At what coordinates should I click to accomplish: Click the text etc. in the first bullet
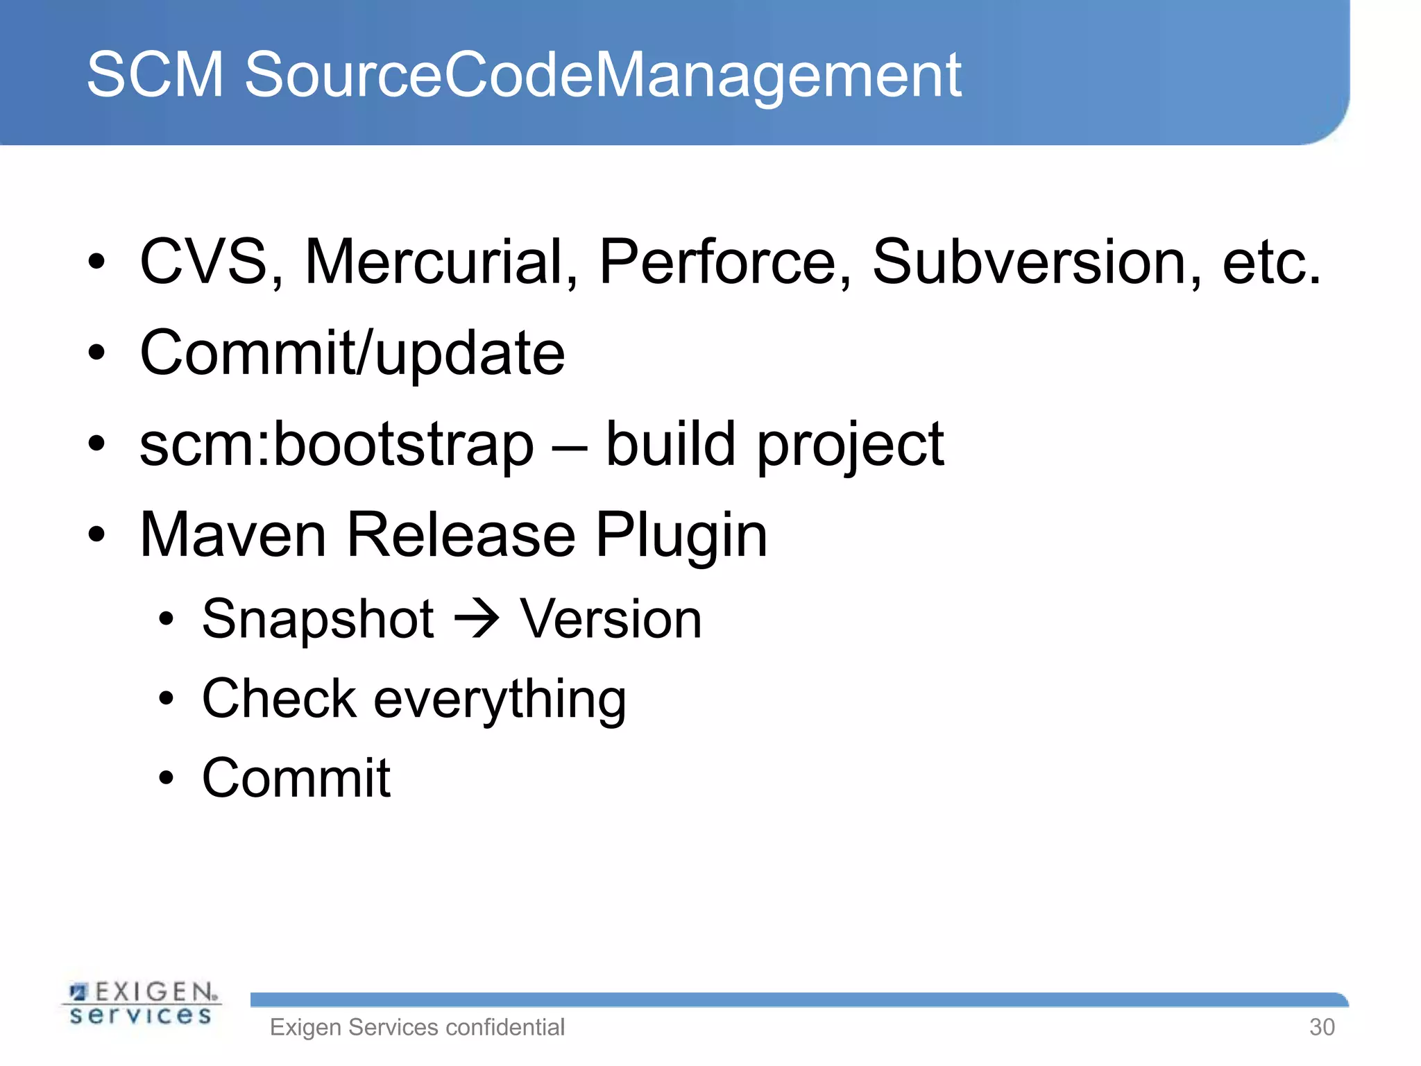[x=1271, y=263]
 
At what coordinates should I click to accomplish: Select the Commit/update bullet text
[x=352, y=353]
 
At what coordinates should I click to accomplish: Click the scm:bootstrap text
[x=337, y=445]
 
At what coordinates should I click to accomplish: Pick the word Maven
[x=232, y=535]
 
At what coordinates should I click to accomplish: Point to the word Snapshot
[x=318, y=619]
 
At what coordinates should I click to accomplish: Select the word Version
[x=611, y=619]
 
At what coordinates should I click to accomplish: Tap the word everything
[x=500, y=700]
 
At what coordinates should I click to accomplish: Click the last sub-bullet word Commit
[x=296, y=778]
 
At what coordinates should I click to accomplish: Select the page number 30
[x=1321, y=1027]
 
